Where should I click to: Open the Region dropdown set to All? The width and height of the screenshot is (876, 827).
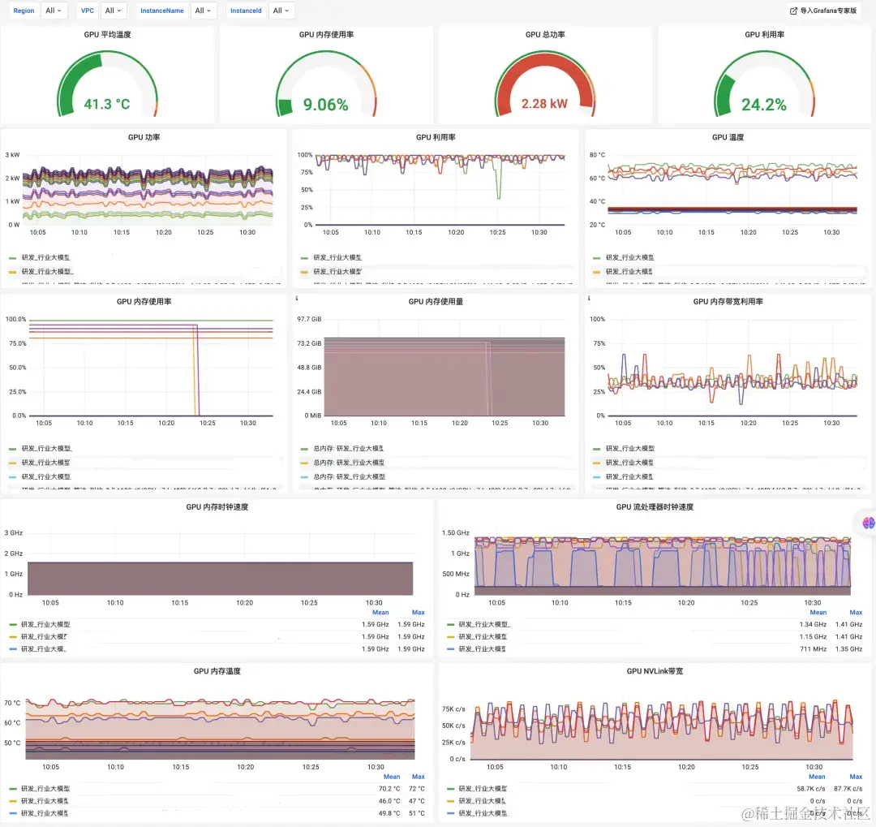[x=54, y=11]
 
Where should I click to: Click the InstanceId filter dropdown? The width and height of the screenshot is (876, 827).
[x=281, y=11]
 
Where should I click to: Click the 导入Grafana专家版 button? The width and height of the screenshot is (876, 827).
[x=823, y=11]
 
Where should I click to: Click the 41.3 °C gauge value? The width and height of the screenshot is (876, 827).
[x=107, y=105]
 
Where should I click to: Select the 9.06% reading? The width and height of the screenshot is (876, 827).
[x=325, y=105]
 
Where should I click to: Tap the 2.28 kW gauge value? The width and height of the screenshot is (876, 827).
[x=544, y=104]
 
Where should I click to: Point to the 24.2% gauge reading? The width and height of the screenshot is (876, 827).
[x=763, y=105]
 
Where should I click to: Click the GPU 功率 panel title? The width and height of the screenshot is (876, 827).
[x=144, y=137]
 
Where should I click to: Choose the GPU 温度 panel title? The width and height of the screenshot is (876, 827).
[x=719, y=137]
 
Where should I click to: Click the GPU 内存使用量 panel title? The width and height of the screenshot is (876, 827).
[x=436, y=301]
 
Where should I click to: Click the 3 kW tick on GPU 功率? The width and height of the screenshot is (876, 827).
[x=12, y=154]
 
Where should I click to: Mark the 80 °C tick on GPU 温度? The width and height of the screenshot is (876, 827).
[x=597, y=154]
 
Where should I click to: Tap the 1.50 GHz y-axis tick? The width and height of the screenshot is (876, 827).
[x=455, y=533]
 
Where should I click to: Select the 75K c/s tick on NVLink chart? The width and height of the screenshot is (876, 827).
[x=453, y=709]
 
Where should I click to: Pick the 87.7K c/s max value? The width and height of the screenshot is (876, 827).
[x=850, y=789]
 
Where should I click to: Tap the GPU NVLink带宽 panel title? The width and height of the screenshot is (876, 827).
[x=655, y=671]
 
